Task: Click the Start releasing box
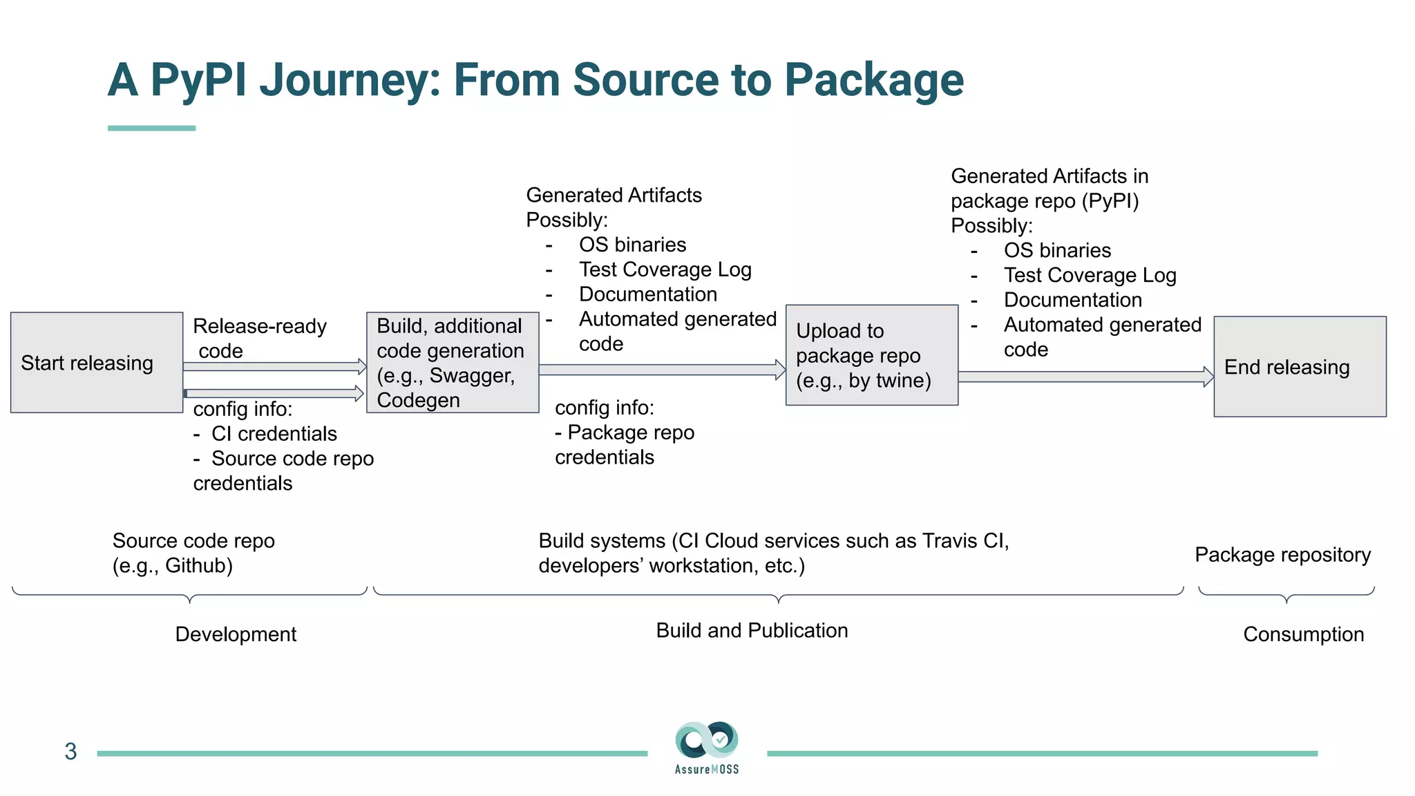(x=97, y=363)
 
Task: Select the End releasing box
(x=1300, y=367)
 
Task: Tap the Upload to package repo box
(x=871, y=355)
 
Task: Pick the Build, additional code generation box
(x=453, y=363)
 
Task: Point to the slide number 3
(x=70, y=752)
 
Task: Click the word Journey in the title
(x=350, y=80)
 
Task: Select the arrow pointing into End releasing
(x=1085, y=377)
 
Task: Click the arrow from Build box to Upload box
(x=661, y=370)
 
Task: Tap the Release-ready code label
(x=259, y=338)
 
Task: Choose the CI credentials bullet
(x=274, y=434)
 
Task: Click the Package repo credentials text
(x=624, y=445)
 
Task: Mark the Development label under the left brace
(x=236, y=634)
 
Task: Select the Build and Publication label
(x=752, y=631)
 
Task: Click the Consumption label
(x=1303, y=634)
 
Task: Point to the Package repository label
(x=1282, y=555)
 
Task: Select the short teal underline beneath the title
(x=151, y=129)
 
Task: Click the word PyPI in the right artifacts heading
(x=1110, y=201)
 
